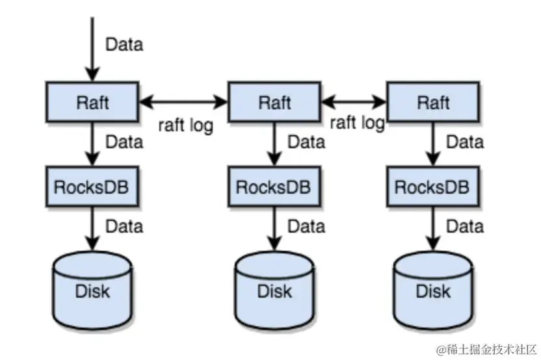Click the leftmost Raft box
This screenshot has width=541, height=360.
92,101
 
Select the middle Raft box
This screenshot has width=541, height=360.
274,101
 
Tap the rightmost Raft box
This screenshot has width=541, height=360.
433,101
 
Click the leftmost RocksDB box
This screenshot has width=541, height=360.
92,186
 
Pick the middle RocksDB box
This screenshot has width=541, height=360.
274,186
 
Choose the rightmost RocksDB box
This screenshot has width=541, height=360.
433,186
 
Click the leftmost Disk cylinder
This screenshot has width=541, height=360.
92,289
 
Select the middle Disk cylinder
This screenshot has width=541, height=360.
274,289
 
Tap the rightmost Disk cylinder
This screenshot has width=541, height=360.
433,289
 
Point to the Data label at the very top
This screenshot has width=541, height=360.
124,45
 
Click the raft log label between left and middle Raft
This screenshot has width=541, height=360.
185,125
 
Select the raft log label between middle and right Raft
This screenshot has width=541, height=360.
357,122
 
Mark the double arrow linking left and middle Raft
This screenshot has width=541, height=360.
183,101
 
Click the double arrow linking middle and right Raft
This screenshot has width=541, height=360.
354,101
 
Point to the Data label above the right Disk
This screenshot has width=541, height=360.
464,226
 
